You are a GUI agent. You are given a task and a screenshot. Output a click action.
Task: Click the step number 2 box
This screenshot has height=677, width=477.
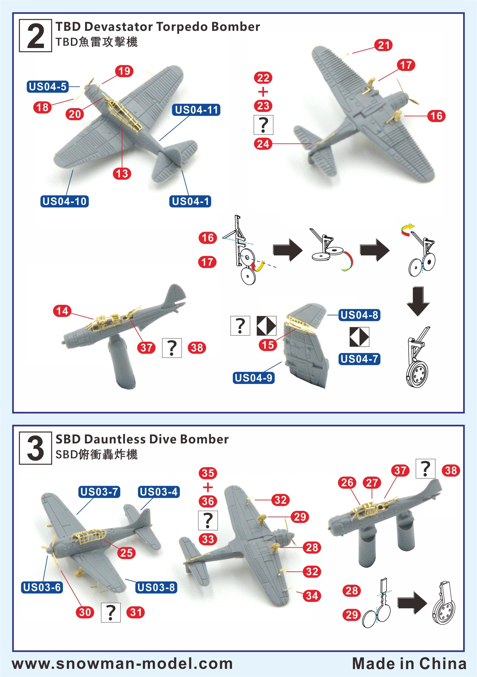pyautogui.click(x=35, y=36)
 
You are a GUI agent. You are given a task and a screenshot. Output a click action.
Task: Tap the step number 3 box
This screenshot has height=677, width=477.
pyautogui.click(x=35, y=448)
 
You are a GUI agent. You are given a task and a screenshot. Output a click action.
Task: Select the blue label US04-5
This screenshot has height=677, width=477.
pyautogui.click(x=47, y=87)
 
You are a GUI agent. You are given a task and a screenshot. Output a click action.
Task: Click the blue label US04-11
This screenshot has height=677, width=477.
pyautogui.click(x=196, y=110)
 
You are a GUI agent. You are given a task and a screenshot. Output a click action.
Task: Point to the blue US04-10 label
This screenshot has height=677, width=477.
pyautogui.click(x=65, y=201)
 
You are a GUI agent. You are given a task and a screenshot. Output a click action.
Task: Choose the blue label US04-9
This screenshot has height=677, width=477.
pyautogui.click(x=253, y=378)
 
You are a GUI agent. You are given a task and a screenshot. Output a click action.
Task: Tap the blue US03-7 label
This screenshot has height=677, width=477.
pyautogui.click(x=99, y=492)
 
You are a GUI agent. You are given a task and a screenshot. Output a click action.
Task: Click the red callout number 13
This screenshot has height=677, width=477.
pyautogui.click(x=122, y=173)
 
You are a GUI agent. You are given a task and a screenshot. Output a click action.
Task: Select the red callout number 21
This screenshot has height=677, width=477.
pyautogui.click(x=383, y=45)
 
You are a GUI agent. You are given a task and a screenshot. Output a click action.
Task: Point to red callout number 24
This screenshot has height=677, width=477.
pyautogui.click(x=263, y=144)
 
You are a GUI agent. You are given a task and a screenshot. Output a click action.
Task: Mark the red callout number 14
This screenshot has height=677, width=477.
pyautogui.click(x=62, y=311)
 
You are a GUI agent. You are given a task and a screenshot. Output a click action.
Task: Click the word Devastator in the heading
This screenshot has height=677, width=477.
pyautogui.click(x=120, y=27)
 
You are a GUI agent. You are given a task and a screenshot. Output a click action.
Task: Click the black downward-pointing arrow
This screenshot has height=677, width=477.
pyautogui.click(x=418, y=301)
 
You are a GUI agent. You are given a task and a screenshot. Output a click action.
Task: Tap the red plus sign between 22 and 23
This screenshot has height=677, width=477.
pyautogui.click(x=263, y=92)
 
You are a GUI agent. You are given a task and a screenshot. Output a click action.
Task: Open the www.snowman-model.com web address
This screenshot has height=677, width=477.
pyautogui.click(x=122, y=663)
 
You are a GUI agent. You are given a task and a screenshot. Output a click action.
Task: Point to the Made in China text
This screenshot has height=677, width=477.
pyautogui.click(x=409, y=663)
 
